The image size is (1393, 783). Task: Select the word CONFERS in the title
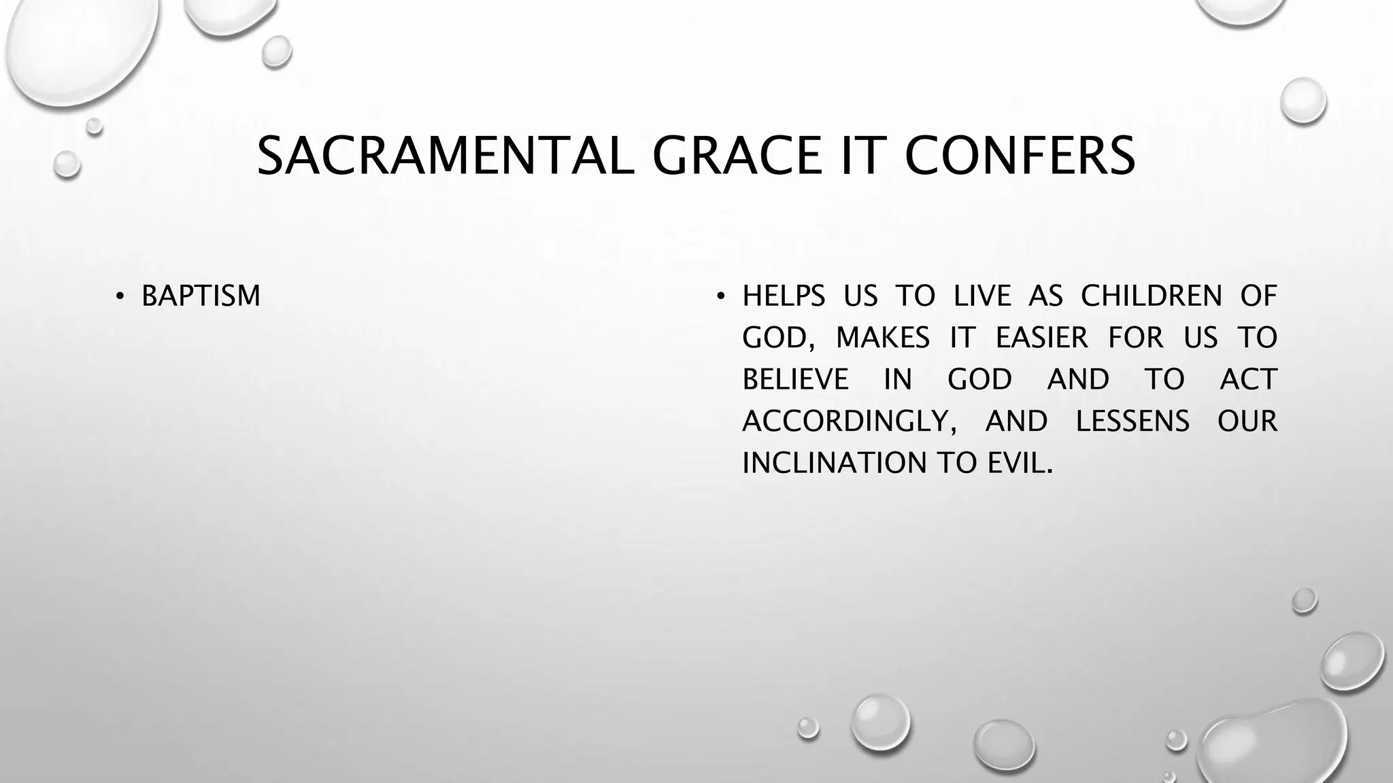point(1020,156)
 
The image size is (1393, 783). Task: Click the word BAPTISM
point(201,296)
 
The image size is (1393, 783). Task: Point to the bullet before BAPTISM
point(120,296)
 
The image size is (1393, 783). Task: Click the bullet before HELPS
point(721,296)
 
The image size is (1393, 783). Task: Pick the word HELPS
point(784,296)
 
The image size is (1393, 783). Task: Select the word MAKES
point(882,338)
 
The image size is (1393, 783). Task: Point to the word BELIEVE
point(795,379)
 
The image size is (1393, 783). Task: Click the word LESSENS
point(1132,421)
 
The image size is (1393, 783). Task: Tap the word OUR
point(1247,421)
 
